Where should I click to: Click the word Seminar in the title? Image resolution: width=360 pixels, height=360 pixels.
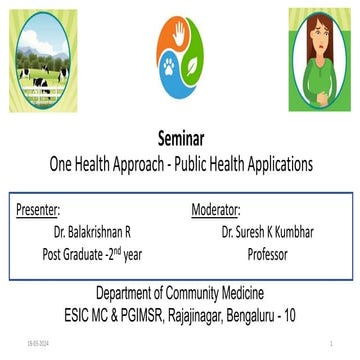[x=180, y=140]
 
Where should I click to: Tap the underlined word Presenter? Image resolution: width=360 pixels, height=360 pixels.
[x=39, y=211]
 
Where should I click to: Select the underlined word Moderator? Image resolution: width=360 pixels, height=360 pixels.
[x=215, y=211]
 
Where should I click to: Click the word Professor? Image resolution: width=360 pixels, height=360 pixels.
[x=267, y=254]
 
